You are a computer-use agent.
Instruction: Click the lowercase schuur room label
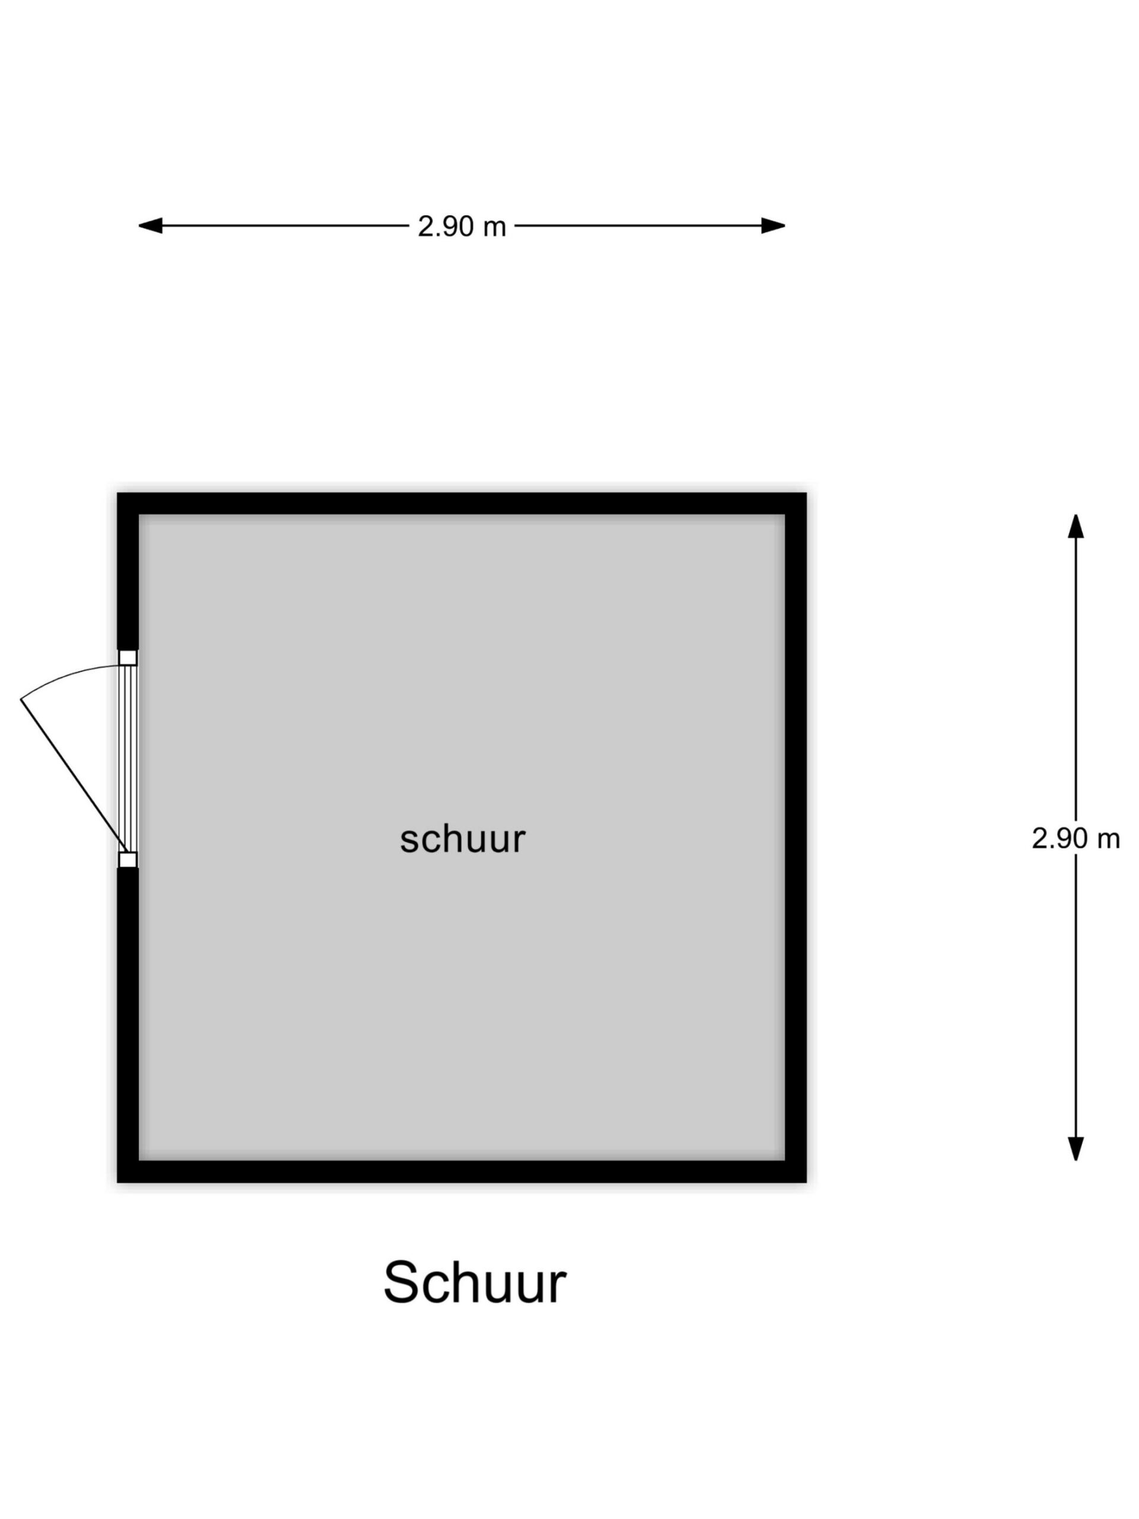click(x=462, y=838)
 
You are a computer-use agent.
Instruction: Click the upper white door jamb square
click(x=128, y=657)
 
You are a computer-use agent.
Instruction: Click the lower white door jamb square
click(x=128, y=859)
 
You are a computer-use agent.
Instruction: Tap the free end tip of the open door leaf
click(x=22, y=698)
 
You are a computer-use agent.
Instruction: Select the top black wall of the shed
click(x=462, y=503)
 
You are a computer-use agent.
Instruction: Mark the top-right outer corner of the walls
click(x=804, y=494)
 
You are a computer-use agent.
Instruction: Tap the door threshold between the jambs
click(x=128, y=758)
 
